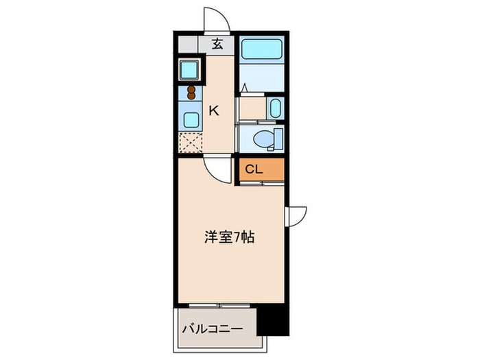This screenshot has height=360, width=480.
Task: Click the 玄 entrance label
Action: tap(217, 45)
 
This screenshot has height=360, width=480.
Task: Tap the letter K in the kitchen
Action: tap(214, 110)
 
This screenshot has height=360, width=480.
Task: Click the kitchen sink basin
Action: tap(190, 119)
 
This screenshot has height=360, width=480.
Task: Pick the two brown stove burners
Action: tap(191, 93)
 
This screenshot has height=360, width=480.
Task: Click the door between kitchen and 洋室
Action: tap(221, 168)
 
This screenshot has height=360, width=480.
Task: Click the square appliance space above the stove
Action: tap(189, 70)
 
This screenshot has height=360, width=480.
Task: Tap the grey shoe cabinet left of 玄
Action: tap(188, 45)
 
